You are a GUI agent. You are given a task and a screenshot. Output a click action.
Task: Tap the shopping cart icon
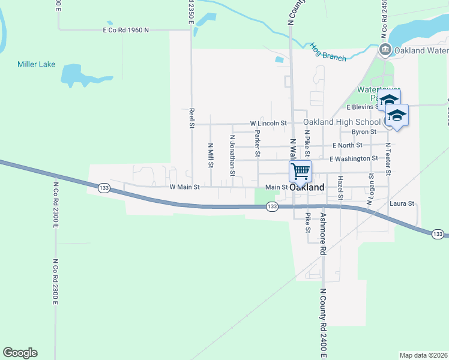coord(300,171)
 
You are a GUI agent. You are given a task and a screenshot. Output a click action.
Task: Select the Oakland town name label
coord(307,187)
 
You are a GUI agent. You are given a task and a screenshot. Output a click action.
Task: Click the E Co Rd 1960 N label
coord(125,29)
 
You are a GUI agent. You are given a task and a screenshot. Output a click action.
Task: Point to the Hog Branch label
coord(328,52)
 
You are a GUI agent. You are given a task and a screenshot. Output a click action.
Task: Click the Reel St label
coord(191,118)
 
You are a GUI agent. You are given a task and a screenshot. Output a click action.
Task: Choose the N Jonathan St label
coord(232,155)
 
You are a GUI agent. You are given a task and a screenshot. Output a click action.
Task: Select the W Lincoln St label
coord(268,123)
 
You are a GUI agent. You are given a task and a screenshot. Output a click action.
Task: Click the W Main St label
coord(184,187)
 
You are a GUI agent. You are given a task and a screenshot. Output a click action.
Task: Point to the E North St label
coord(346,145)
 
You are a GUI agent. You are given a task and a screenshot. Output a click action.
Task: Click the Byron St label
coord(364,131)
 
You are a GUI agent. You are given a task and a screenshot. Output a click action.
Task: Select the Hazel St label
coord(340,188)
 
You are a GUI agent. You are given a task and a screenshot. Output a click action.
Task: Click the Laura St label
coord(402,204)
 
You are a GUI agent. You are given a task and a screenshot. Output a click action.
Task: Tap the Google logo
coord(20,353)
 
